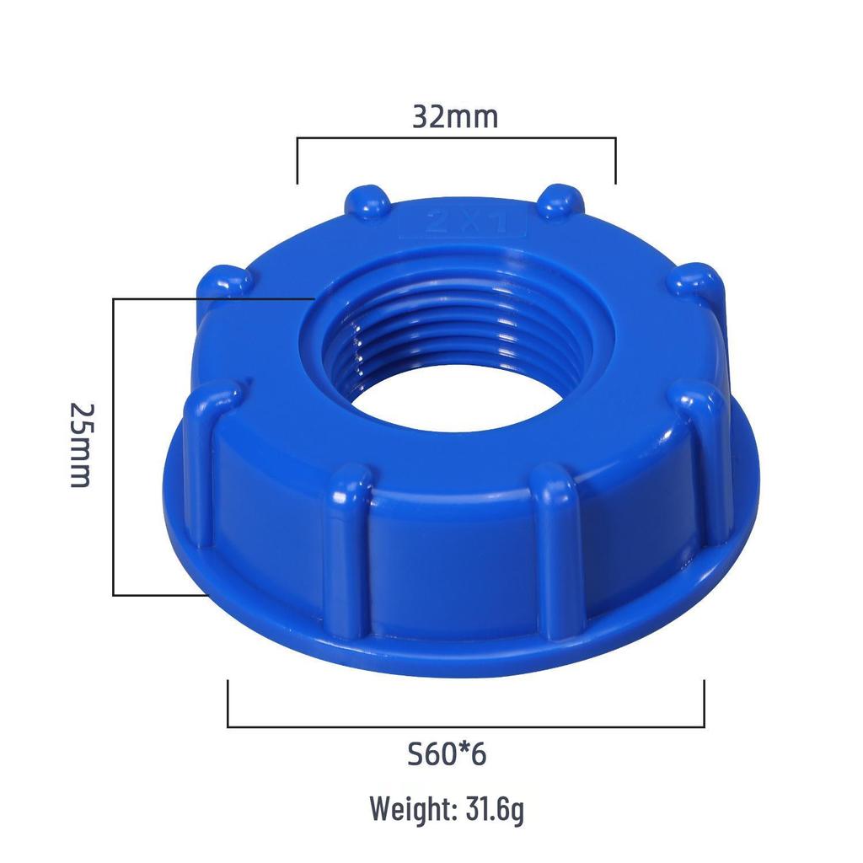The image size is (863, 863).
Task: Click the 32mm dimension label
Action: click(455, 116)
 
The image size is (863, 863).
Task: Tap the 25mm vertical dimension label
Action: click(80, 444)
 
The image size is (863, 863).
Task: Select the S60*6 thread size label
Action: click(446, 753)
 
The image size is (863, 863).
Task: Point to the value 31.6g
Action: click(495, 810)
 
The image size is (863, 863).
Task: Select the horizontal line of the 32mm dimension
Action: click(456, 137)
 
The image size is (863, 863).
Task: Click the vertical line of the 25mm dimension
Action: click(114, 447)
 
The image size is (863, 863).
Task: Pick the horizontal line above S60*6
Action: click(465, 726)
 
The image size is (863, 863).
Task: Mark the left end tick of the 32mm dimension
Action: click(297, 160)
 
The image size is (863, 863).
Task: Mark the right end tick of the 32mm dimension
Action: click(616, 160)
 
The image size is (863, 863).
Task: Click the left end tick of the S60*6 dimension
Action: click(228, 704)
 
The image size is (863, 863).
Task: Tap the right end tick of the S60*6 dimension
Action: click(704, 704)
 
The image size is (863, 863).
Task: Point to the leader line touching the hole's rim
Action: click(211, 298)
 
